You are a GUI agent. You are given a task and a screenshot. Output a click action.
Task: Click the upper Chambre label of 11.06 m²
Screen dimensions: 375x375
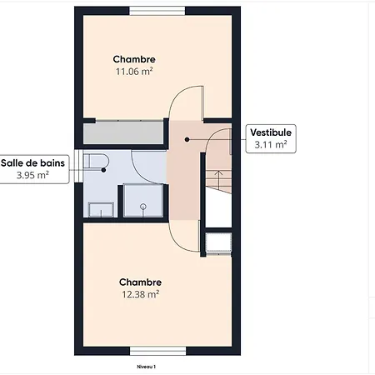[x=134, y=60]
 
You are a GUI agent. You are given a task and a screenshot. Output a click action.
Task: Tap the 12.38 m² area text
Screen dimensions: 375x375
[x=139, y=293]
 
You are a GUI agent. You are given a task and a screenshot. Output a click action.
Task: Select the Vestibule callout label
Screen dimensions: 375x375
[x=271, y=132]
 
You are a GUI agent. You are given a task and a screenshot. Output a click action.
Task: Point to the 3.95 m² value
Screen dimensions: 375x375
[x=32, y=176]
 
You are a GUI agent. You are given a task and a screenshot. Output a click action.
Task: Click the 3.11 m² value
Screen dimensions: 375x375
[x=271, y=144]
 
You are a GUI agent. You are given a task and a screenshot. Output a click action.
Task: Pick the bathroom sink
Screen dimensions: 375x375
[x=101, y=209]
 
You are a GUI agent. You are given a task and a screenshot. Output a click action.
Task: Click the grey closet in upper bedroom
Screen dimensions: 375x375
[x=122, y=132]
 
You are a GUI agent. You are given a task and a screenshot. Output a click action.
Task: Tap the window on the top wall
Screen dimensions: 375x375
[x=157, y=11]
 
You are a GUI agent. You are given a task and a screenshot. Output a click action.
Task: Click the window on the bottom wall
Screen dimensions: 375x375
[x=157, y=350]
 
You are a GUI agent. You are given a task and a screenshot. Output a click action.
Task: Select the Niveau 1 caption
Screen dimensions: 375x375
[x=147, y=366]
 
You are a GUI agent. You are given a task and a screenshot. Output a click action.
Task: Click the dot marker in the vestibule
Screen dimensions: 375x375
[x=187, y=139]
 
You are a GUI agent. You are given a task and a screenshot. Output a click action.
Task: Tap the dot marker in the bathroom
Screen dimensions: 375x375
[x=103, y=170]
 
